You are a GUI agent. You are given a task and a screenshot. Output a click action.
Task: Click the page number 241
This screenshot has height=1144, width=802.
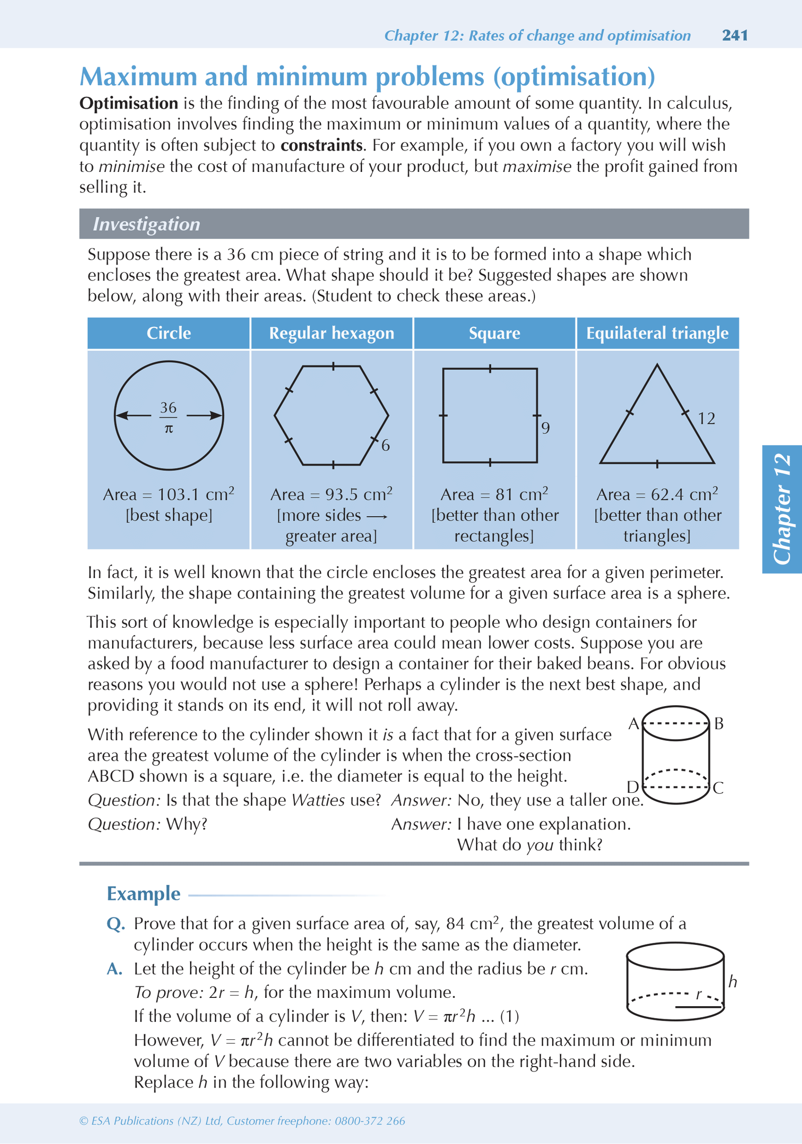click(x=735, y=36)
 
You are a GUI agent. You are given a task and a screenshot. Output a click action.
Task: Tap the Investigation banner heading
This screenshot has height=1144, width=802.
click(x=147, y=224)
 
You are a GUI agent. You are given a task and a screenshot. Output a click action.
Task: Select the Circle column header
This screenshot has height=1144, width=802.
click(x=169, y=333)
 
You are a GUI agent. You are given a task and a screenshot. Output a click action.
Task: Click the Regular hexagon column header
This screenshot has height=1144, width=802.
click(x=331, y=333)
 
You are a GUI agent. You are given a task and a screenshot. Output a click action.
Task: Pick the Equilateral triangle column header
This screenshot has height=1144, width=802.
click(x=657, y=333)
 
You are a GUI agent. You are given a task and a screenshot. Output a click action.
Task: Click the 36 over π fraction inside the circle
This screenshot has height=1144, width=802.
click(x=169, y=417)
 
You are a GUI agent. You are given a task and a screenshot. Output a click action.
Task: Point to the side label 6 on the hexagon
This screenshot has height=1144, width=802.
click(x=385, y=446)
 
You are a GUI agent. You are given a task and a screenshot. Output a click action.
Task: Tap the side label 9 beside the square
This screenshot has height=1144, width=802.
click(x=545, y=428)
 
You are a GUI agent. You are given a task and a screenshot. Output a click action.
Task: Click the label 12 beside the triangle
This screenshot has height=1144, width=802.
click(x=707, y=418)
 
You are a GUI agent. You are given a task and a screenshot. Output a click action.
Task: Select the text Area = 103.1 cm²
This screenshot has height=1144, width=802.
click(x=169, y=494)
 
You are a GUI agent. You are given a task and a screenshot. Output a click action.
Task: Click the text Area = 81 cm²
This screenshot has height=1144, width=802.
click(x=494, y=494)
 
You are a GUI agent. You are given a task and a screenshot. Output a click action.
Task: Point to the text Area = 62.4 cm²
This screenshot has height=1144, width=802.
click(x=657, y=494)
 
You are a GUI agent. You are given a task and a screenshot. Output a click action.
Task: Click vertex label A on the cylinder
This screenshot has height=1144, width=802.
click(x=633, y=724)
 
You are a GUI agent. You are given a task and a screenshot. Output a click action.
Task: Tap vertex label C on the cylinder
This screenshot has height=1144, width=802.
click(x=718, y=788)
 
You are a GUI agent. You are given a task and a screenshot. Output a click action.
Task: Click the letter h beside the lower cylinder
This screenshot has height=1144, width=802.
click(x=732, y=981)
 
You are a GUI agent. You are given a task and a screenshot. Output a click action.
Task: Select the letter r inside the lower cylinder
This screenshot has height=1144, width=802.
click(x=698, y=994)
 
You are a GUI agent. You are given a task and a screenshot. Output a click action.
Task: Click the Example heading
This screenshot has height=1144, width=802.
click(x=144, y=894)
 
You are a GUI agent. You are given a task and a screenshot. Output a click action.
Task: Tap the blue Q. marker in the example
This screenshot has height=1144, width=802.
click(x=115, y=924)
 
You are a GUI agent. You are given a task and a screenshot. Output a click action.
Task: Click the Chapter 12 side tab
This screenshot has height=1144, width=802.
click(x=782, y=509)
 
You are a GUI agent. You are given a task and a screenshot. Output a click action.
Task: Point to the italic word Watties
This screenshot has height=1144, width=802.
click(x=318, y=800)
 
